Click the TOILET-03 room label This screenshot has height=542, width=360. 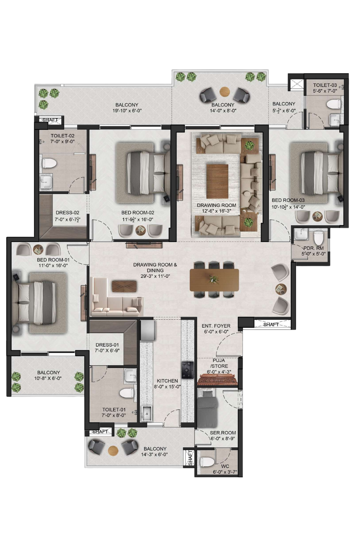[x=325, y=85]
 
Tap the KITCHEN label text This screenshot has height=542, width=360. [x=167, y=381]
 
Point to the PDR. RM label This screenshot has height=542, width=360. [x=314, y=248]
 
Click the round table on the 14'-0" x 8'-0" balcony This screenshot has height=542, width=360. [x=225, y=91]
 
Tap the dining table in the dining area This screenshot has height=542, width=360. [x=214, y=280]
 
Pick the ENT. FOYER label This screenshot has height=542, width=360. [x=216, y=326]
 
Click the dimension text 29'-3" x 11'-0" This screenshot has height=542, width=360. [x=155, y=276]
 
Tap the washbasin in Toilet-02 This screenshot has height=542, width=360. [x=45, y=182]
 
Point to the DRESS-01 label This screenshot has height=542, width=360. [x=107, y=345]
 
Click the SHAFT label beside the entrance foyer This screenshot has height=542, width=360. [x=271, y=324]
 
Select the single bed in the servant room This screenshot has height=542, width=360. [x=207, y=409]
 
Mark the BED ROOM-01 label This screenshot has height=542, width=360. [x=53, y=260]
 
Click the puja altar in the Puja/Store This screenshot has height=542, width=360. [x=217, y=379]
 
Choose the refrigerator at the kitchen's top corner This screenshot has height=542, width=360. [x=148, y=330]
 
